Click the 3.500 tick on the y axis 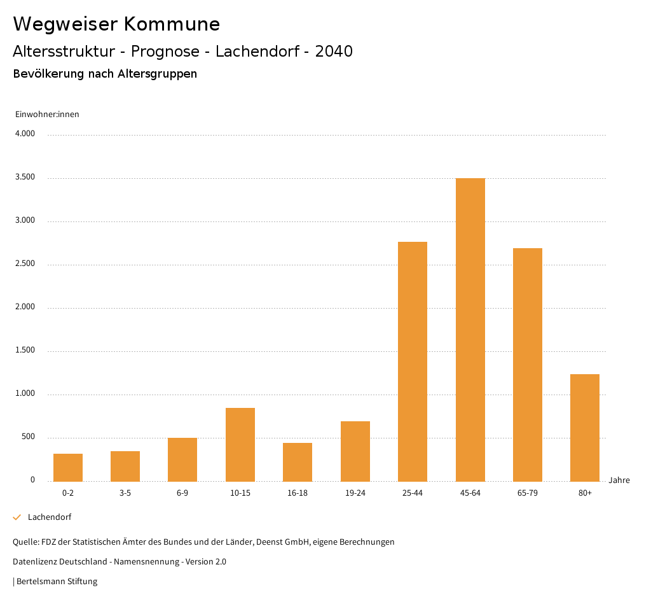[x=25, y=178]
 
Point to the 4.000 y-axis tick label [x=25, y=134]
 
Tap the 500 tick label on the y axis [x=28, y=437]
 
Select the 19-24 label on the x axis [x=355, y=493]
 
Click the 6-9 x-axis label [x=182, y=493]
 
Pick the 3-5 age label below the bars [x=125, y=493]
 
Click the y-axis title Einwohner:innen [x=47, y=115]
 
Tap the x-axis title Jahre [x=619, y=480]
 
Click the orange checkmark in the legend [x=17, y=517]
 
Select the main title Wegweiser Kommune [x=116, y=24]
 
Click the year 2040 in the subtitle [x=334, y=52]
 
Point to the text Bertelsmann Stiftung [x=57, y=582]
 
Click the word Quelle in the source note [x=25, y=542]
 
